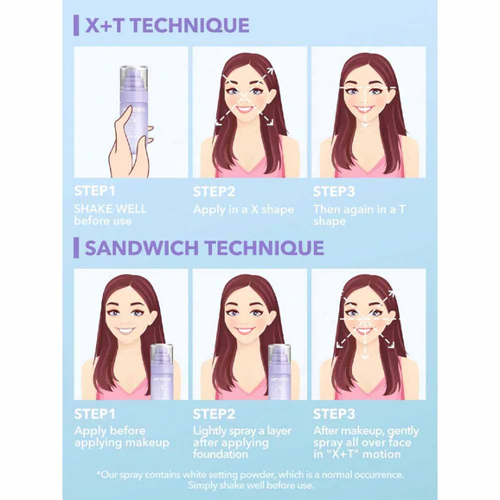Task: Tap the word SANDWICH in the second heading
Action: pos(142,248)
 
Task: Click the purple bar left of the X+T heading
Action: pos(76,25)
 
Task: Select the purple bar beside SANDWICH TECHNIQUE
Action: pos(76,247)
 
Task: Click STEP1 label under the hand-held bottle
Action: pos(94,191)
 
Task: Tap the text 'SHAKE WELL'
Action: pos(111,209)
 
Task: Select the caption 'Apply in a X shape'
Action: pos(243,209)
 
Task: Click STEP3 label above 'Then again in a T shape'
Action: pos(334,191)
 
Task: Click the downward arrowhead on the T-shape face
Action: pos(365,125)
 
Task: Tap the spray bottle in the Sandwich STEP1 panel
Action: pos(162,372)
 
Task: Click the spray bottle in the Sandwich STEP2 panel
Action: pos(279,372)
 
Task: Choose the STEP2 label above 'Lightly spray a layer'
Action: pos(214,413)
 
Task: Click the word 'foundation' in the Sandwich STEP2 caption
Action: pos(221,454)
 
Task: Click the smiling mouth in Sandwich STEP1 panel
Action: pos(126,330)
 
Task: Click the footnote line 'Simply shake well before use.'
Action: pos(251,485)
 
